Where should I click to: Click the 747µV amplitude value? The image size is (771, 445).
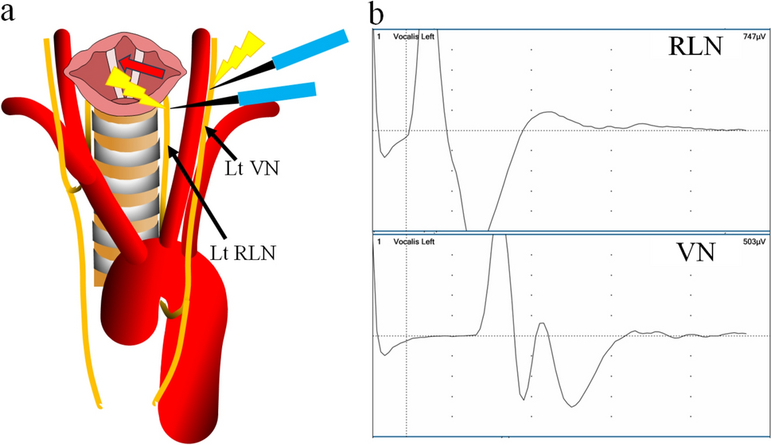click(x=752, y=37)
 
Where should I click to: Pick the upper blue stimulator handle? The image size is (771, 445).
click(x=310, y=49)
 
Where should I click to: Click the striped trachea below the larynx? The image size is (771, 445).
click(x=127, y=183)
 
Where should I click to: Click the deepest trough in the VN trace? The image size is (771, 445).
click(x=572, y=406)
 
